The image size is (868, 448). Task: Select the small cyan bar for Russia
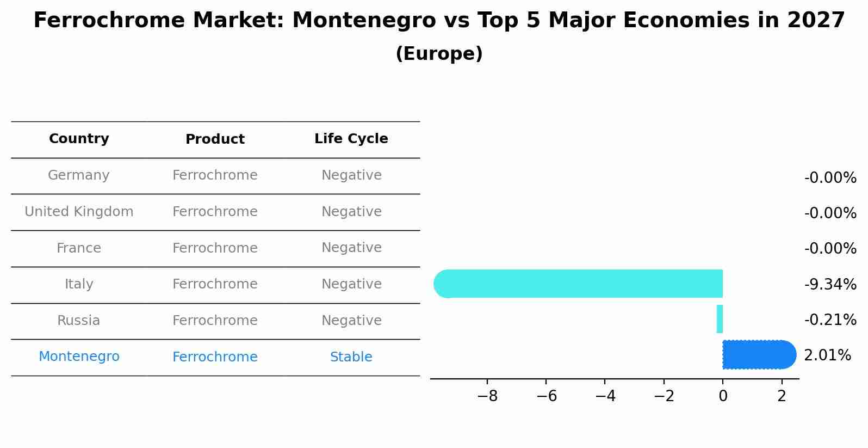click(720, 319)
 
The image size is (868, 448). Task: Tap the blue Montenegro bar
click(759, 354)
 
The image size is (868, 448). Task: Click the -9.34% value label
click(830, 284)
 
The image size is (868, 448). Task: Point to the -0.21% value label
click(830, 320)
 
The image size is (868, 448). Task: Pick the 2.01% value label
click(827, 355)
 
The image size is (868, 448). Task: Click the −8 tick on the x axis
click(487, 396)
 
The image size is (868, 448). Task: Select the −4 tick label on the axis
click(605, 396)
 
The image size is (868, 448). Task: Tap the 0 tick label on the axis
click(723, 396)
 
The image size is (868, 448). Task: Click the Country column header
click(79, 139)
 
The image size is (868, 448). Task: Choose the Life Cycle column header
click(351, 139)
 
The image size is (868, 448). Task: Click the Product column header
click(215, 139)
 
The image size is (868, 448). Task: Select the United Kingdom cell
click(79, 212)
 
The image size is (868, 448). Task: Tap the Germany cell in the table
click(79, 175)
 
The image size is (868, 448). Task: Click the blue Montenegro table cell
click(79, 357)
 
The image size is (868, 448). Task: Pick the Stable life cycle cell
click(351, 357)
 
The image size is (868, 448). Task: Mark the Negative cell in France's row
click(351, 248)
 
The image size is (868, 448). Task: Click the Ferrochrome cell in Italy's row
click(215, 284)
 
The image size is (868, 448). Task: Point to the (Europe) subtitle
click(439, 54)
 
